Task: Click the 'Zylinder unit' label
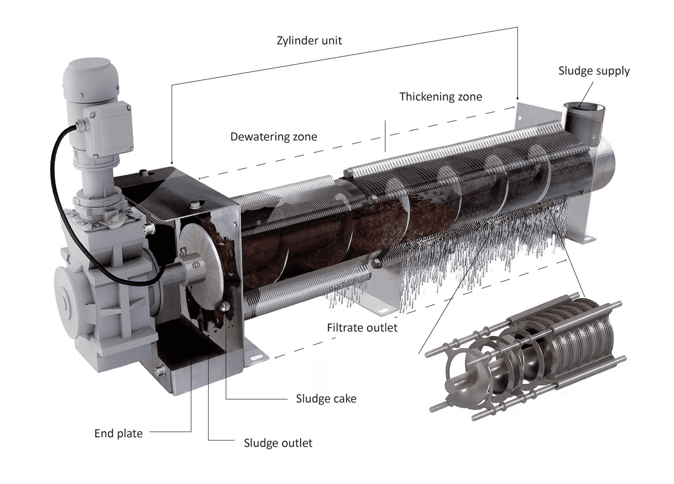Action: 309,41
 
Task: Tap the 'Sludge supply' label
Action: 594,71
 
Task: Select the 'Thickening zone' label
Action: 440,97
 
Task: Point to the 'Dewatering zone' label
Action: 273,137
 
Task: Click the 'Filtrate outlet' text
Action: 362,328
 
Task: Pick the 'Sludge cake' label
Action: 326,399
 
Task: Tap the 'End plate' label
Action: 118,434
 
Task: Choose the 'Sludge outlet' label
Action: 278,443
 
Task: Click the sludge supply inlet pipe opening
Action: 582,107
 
